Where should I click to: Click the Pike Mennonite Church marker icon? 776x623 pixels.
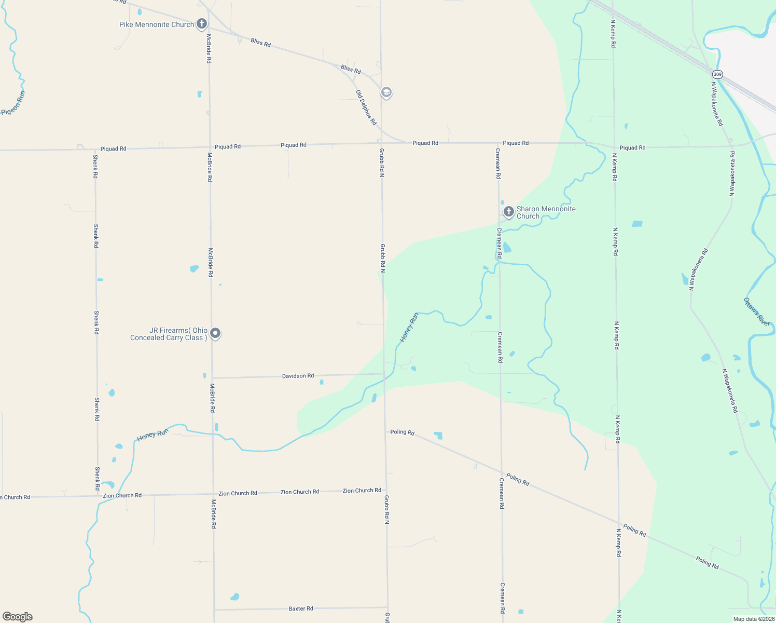[202, 24]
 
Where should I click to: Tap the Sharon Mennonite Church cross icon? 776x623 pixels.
[508, 211]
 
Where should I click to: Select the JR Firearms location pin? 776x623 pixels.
[215, 333]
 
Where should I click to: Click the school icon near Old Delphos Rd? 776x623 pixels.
[386, 92]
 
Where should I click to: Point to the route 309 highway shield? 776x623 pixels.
[717, 74]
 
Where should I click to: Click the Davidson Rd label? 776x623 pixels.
[298, 375]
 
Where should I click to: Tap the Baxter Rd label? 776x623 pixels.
[301, 608]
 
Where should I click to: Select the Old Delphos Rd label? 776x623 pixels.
[366, 107]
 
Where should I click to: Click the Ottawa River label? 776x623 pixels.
[757, 311]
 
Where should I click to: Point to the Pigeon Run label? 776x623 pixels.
[13, 103]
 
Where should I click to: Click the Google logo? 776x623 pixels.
[17, 617]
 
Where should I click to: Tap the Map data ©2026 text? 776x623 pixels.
[754, 619]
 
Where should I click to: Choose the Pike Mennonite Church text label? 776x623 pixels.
[156, 24]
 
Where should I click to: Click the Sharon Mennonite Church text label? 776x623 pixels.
[546, 212]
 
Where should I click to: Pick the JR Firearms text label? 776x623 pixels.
[169, 334]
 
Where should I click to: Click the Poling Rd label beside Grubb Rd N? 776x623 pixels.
[402, 432]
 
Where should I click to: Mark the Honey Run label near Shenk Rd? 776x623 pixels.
[153, 435]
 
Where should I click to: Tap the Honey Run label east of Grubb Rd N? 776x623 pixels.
[409, 328]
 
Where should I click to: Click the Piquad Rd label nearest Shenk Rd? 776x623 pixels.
[113, 148]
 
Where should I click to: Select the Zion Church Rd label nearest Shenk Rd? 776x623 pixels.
[122, 495]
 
